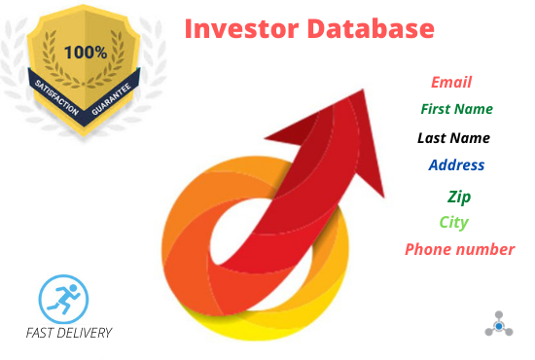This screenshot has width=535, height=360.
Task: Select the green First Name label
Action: (x=456, y=109)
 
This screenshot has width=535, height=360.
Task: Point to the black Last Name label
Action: (x=453, y=137)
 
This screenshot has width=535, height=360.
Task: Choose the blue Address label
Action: (x=456, y=164)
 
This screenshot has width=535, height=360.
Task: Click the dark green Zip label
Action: (x=458, y=197)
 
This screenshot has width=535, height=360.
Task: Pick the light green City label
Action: (x=453, y=222)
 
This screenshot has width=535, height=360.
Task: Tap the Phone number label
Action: (x=459, y=249)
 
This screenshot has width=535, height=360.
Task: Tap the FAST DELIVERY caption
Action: (x=69, y=333)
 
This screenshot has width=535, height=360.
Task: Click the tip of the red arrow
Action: (x=365, y=90)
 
